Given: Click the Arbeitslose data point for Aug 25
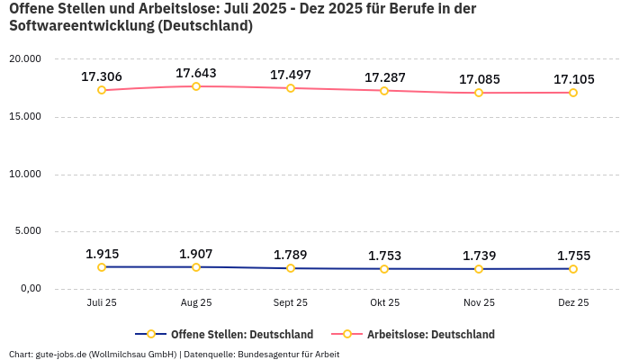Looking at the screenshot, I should click(x=196, y=86).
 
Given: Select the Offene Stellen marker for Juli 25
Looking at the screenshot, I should click(x=102, y=267).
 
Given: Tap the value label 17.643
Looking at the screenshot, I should click(x=196, y=73).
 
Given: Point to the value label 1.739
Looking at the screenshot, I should click(x=479, y=256).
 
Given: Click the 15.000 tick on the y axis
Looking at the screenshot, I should click(x=25, y=117).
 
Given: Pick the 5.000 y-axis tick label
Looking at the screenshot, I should click(x=28, y=231).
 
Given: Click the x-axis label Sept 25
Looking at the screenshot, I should click(x=290, y=303).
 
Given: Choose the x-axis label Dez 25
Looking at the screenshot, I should click(x=573, y=303).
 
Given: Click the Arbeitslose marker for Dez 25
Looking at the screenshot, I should click(x=573, y=93).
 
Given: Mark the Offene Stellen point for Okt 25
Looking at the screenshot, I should click(x=384, y=269).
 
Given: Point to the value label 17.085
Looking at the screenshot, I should click(x=479, y=79).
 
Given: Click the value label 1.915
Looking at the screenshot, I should click(x=102, y=254).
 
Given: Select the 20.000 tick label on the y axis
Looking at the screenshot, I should click(x=25, y=59).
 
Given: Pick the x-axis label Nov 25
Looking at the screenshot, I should click(x=479, y=303).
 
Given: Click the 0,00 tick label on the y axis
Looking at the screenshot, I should click(x=31, y=289).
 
